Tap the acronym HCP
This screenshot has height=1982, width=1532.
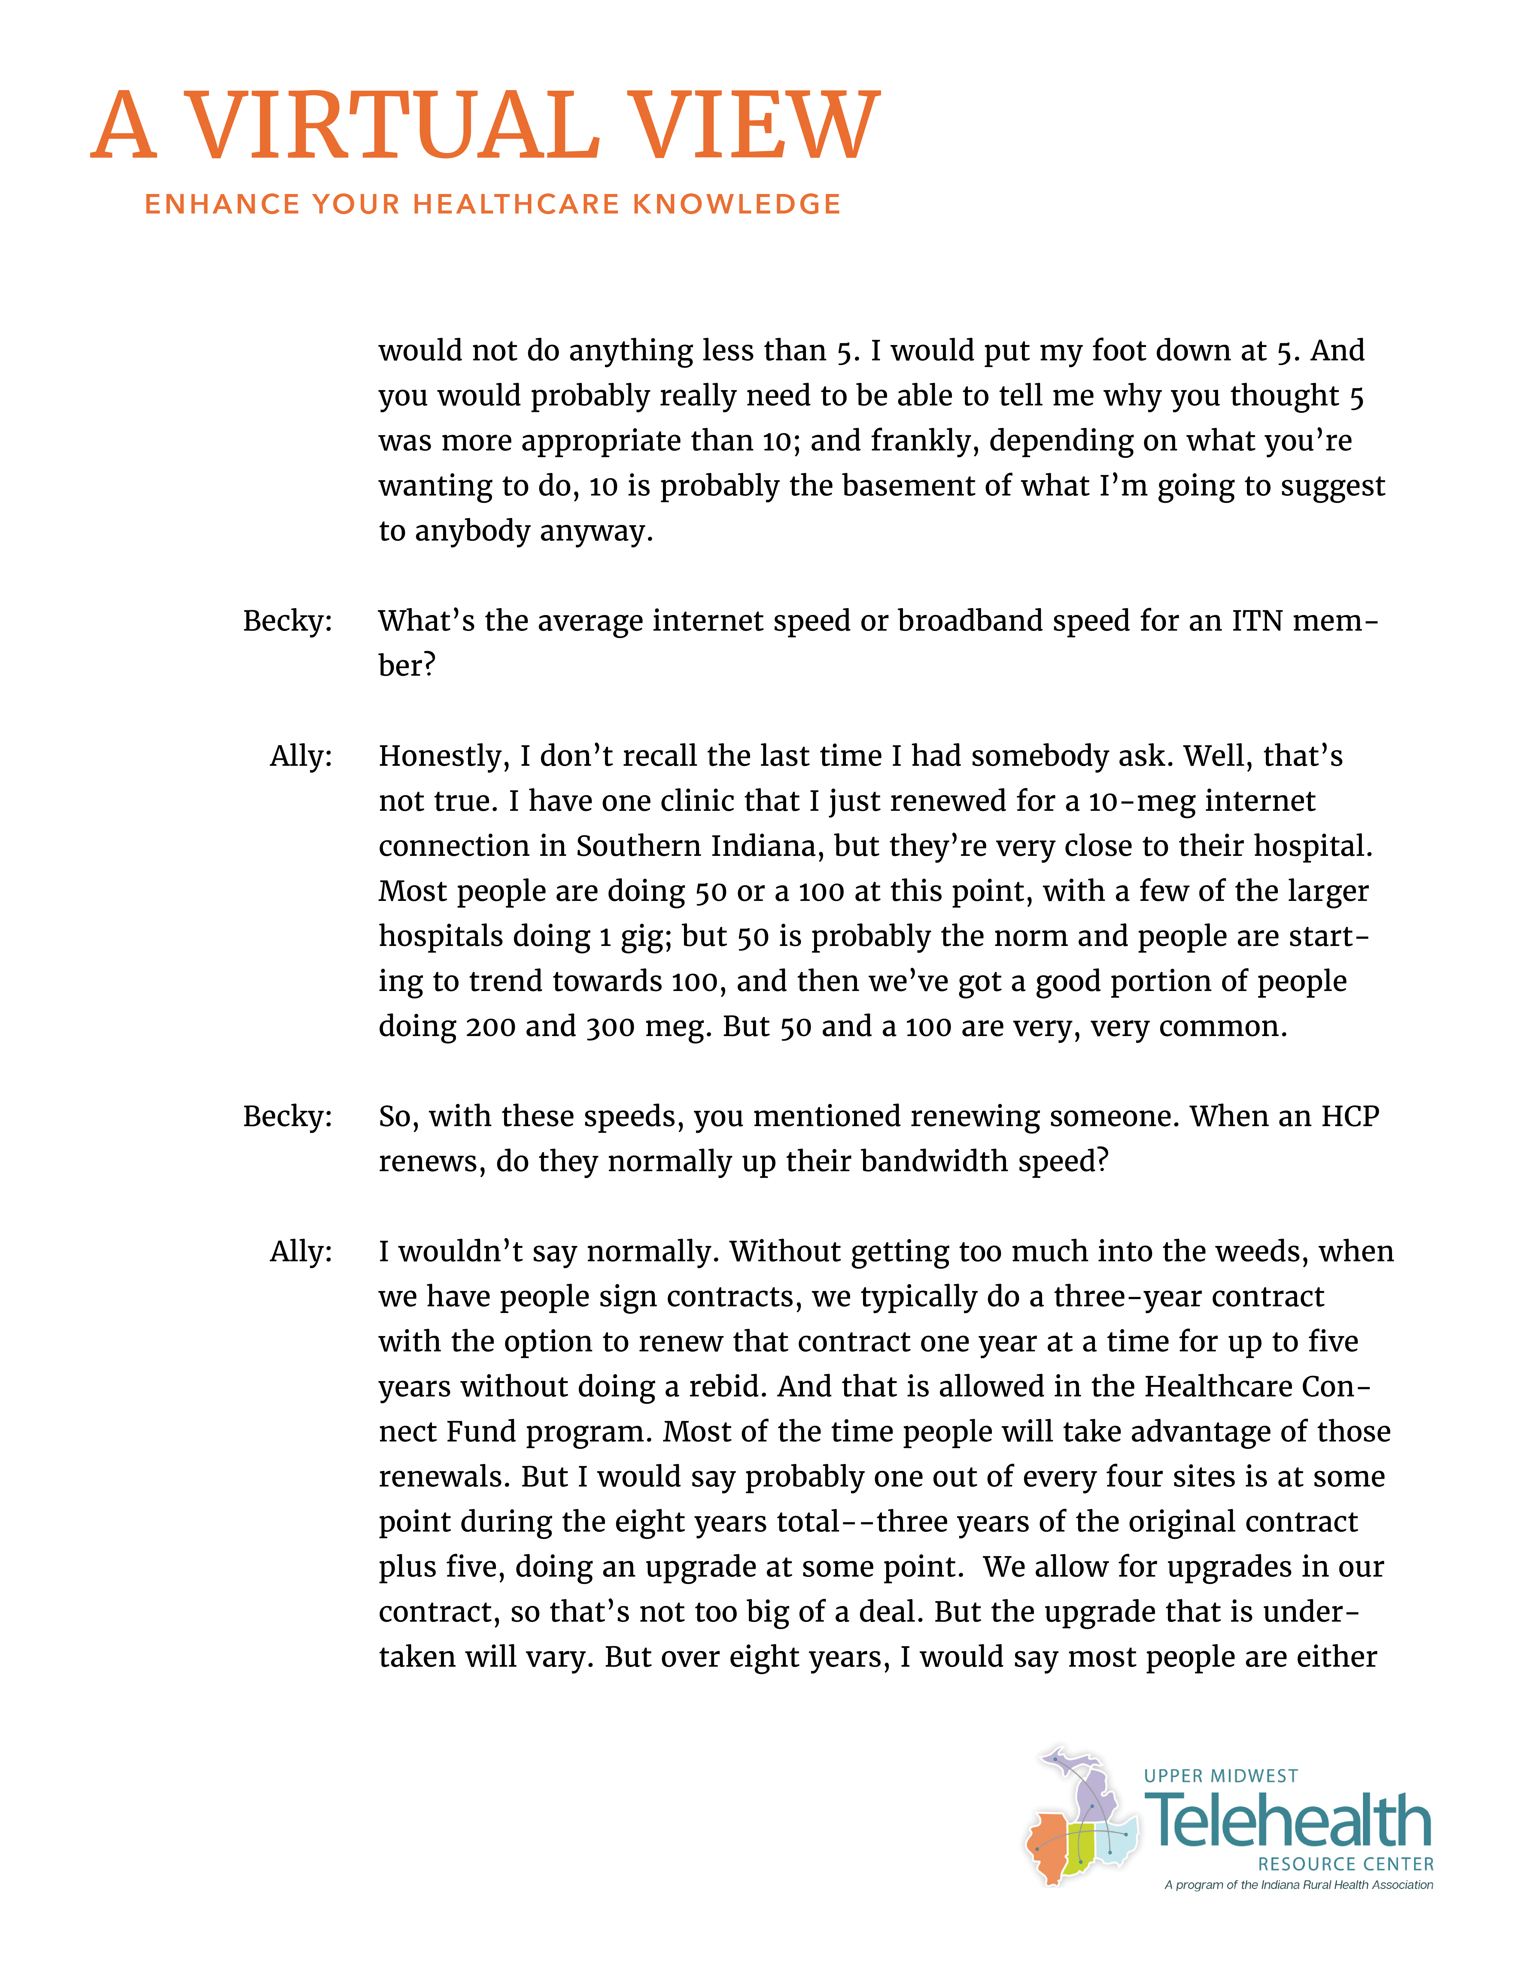coord(1350,1116)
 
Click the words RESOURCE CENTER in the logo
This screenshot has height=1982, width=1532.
coord(1345,1864)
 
